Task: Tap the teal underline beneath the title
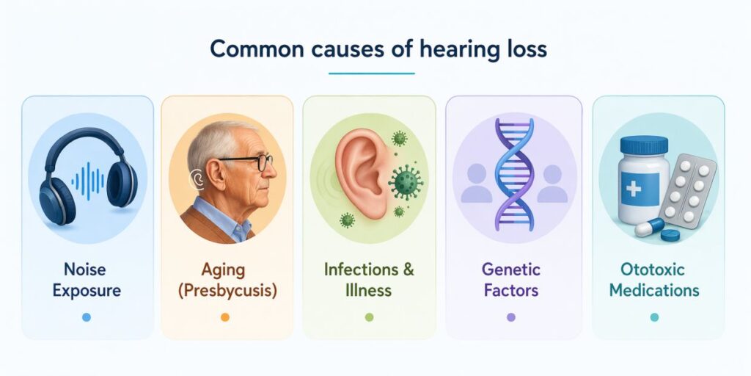(372, 73)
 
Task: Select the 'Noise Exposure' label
(87, 280)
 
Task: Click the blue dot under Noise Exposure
(87, 317)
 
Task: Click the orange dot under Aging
(225, 317)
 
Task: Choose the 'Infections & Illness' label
(369, 280)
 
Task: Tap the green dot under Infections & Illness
(369, 317)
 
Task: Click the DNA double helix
(513, 174)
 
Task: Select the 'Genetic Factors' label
(511, 280)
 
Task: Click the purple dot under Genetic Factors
(511, 317)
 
